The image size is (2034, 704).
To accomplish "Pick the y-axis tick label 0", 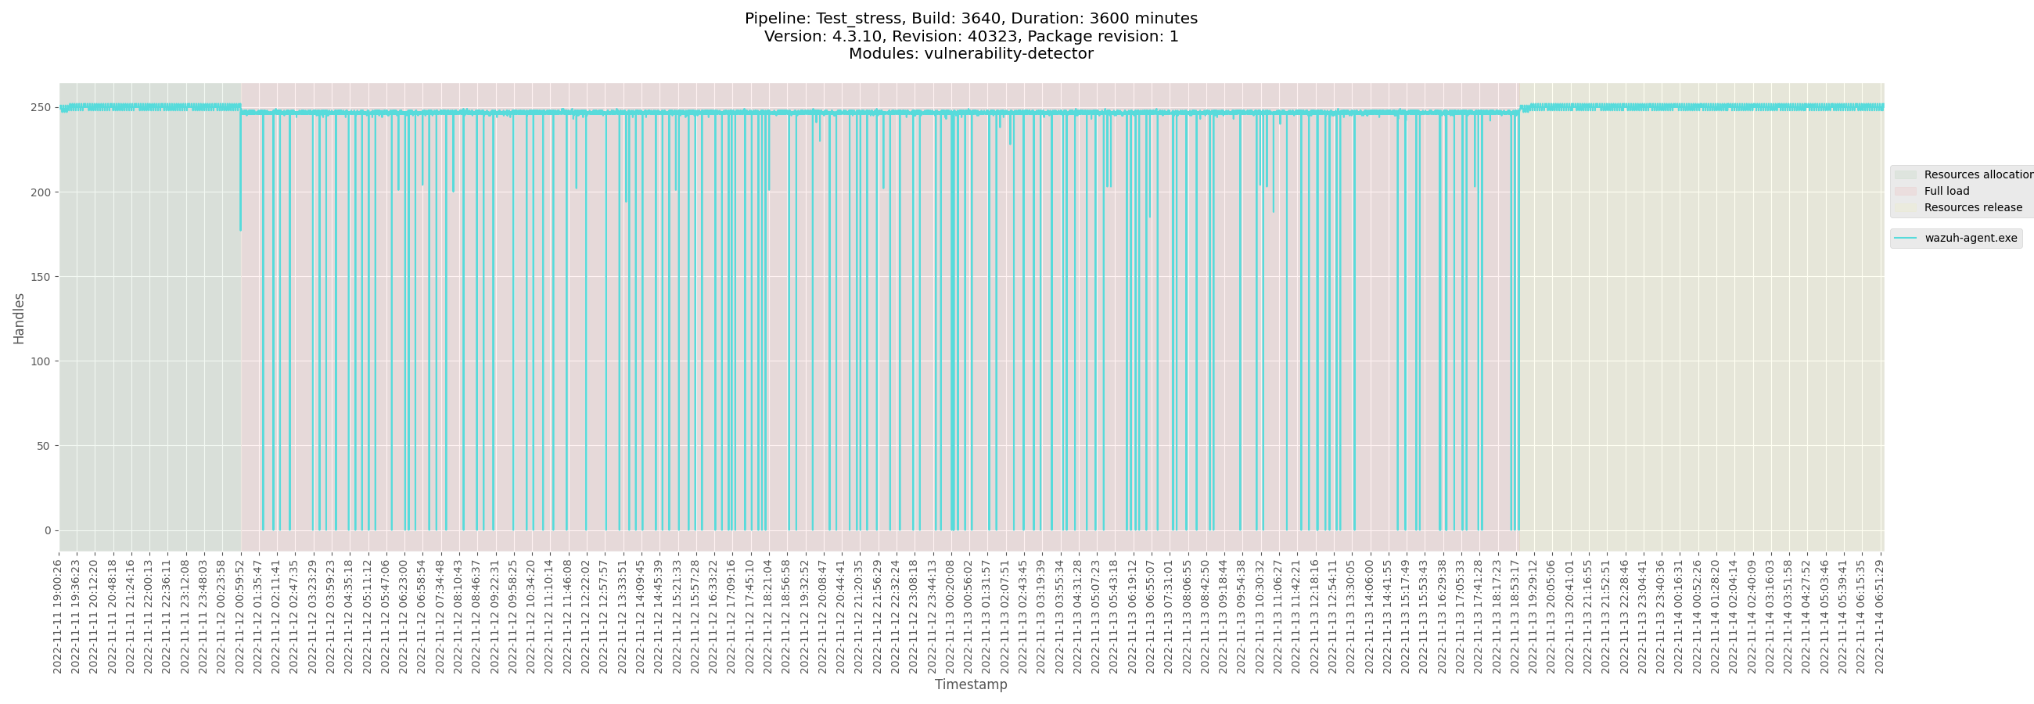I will [x=48, y=530].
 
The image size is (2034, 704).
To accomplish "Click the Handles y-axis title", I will [x=19, y=318].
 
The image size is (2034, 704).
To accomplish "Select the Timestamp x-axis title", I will [x=970, y=684].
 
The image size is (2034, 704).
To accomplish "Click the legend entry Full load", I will [x=1946, y=191].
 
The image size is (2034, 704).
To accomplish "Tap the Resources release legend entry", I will [x=1972, y=207].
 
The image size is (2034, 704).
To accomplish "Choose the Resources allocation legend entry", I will [x=1977, y=174].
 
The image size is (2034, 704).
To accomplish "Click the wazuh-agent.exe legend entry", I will [x=1970, y=239].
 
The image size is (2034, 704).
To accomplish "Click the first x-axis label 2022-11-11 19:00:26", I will [x=58, y=617].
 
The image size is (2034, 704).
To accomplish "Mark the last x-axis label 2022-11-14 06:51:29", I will [x=1879, y=617].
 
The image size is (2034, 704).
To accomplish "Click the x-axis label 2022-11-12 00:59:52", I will [x=240, y=617].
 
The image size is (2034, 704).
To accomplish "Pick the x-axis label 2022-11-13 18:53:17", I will [x=1515, y=617].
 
